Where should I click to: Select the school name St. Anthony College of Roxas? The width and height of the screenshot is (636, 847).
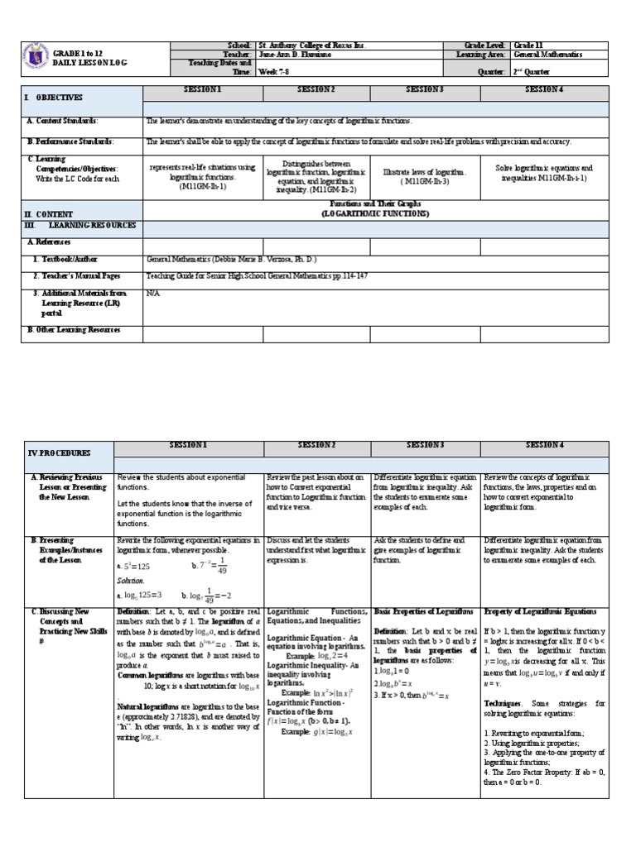point(311,45)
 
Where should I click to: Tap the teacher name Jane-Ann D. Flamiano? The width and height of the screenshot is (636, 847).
point(298,55)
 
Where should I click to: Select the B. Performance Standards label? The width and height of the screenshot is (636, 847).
point(70,141)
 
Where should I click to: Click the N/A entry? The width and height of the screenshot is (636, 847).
point(152,293)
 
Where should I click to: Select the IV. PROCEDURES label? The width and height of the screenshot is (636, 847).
point(59,453)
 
